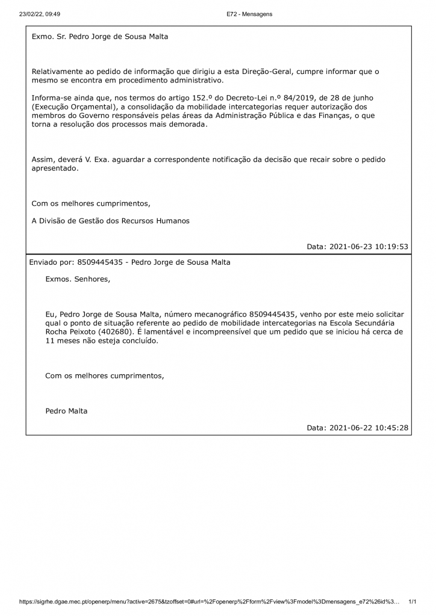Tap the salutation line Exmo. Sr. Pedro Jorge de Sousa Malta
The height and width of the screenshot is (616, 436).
(100, 37)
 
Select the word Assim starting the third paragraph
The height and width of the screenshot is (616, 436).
(42, 159)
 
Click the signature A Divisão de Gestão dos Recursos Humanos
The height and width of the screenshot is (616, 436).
(110, 221)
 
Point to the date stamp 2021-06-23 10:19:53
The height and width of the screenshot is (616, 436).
(369, 247)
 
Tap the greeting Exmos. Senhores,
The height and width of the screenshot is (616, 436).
(78, 279)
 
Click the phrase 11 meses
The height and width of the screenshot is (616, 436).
(62, 340)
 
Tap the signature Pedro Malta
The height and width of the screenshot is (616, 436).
(66, 411)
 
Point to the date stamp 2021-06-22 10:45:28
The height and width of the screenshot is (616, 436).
(369, 428)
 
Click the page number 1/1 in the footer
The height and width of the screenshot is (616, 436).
(413, 601)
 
